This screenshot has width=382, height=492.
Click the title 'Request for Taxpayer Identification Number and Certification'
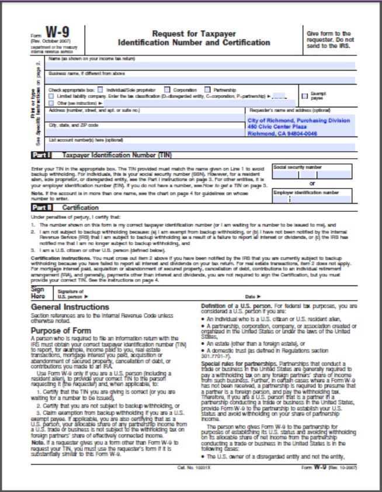[x=193, y=39]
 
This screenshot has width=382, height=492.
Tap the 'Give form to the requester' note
[x=329, y=39]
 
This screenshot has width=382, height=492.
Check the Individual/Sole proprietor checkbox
[x=100, y=90]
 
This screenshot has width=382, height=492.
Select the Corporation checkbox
[x=167, y=90]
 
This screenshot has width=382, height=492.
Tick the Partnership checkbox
[x=209, y=90]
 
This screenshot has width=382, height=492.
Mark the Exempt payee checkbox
[x=304, y=95]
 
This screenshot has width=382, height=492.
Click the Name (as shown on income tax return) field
[x=202, y=66]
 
